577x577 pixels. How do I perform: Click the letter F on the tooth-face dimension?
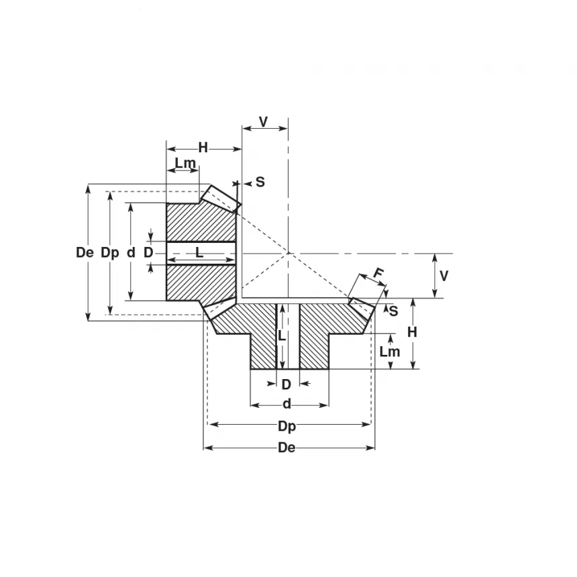pos(378,274)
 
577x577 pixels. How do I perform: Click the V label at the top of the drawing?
pos(264,121)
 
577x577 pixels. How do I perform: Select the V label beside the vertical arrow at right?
pos(443,276)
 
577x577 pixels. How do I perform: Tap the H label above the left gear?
pos(203,148)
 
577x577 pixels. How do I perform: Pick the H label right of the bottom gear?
pos(412,332)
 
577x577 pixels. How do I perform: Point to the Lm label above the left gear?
pos(185,163)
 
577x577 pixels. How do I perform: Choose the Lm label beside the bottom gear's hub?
pos(389,352)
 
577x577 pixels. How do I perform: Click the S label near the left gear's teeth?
pos(260,182)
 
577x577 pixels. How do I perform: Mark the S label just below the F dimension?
pos(394,311)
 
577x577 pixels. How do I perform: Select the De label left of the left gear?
pos(85,253)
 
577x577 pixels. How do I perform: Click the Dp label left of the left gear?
pos(109,253)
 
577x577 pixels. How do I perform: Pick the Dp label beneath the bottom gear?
pos(287,426)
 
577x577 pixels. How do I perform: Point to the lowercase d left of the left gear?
pos(131,253)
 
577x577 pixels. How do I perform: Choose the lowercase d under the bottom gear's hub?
pos(286,405)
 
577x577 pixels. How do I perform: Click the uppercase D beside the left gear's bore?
pos(148,253)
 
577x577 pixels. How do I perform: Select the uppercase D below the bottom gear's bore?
pos(286,384)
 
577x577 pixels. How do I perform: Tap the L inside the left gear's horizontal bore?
pos(199,252)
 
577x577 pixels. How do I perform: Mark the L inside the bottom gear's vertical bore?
pos(282,335)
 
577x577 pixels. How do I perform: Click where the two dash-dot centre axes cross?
pos(288,254)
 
